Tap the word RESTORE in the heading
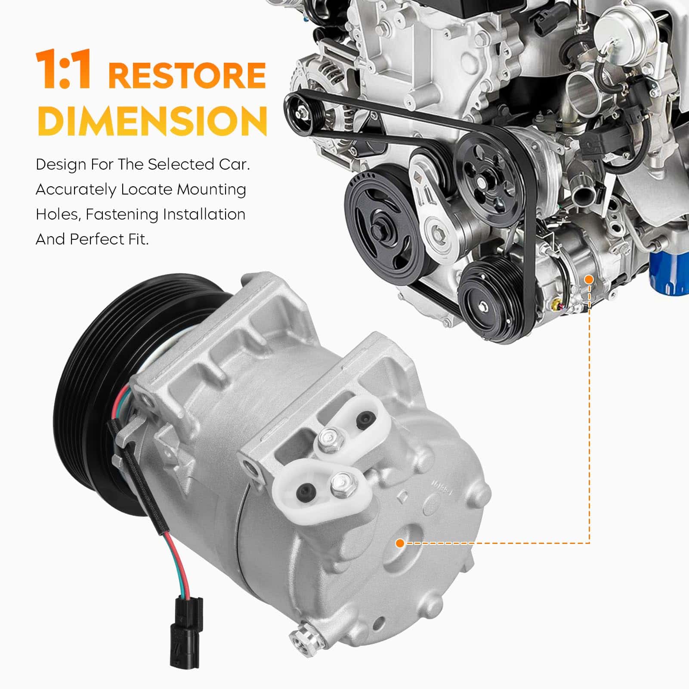187,75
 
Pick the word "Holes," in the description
58,215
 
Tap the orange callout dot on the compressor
400,543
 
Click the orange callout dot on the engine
589,279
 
